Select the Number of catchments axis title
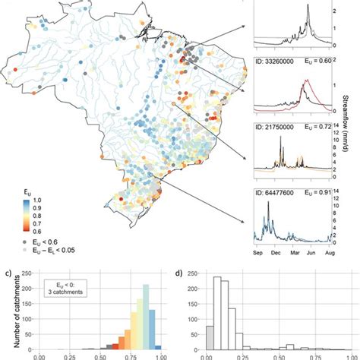(x=7, y=308)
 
